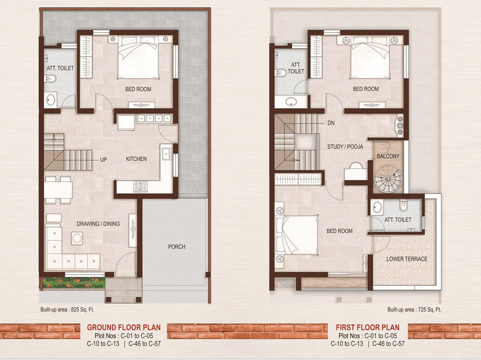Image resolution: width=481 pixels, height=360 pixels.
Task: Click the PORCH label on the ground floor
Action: point(176,247)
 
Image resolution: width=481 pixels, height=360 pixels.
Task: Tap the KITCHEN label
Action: point(136,159)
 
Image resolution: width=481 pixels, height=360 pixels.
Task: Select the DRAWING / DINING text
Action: point(98,224)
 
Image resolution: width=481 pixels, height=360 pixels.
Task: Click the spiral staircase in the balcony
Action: point(388,179)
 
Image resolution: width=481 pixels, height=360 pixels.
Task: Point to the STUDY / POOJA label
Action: point(345,147)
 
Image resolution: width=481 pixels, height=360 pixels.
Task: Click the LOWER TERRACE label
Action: point(407,259)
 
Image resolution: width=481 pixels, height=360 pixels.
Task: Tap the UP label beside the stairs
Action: point(103,160)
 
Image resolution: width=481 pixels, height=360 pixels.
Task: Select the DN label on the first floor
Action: point(331,123)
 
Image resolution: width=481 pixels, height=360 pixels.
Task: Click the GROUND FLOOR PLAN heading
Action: point(124,327)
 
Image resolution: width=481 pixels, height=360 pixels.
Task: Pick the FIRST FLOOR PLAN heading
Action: point(368,327)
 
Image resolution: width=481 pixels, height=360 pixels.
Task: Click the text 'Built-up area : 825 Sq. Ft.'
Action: point(67,309)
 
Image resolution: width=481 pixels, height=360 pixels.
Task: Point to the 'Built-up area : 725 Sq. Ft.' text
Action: point(414,309)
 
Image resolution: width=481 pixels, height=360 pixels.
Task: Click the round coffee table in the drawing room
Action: point(77,238)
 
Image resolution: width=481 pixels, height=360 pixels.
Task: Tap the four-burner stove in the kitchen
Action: point(141,187)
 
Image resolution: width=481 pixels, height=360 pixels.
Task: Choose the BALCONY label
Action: point(388,156)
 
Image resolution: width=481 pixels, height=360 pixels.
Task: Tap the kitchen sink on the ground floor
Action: point(166,153)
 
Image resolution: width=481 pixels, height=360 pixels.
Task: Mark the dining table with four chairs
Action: point(58,190)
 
